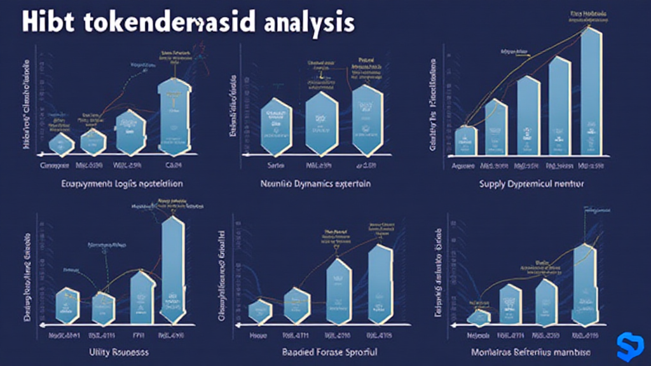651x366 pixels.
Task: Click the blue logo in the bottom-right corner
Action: [x=630, y=345]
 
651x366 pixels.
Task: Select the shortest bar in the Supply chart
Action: [x=466, y=140]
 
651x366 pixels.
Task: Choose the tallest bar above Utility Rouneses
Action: [x=172, y=270]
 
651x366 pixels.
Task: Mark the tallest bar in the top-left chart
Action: [x=174, y=116]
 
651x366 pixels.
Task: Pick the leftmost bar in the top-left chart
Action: [x=62, y=144]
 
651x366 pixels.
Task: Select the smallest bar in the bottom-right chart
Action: [x=479, y=315]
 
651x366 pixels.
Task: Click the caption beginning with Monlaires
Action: [x=530, y=351]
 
